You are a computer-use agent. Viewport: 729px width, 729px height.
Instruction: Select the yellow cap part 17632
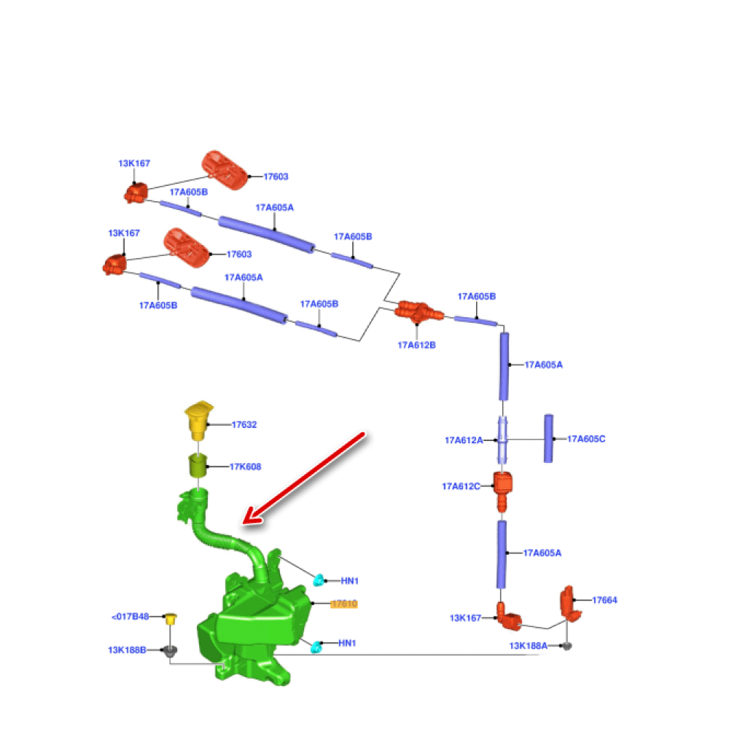coord(198,419)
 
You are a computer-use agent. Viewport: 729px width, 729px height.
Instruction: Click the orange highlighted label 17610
coord(343,604)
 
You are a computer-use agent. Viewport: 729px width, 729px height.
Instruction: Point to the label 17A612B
coord(416,345)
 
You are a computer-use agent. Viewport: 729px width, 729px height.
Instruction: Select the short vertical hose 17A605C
coord(548,437)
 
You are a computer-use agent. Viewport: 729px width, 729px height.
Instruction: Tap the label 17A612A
coord(464,440)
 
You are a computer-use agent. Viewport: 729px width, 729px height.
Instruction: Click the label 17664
coord(604,600)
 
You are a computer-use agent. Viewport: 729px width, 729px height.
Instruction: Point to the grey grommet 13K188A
coord(569,646)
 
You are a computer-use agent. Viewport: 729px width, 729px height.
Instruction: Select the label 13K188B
coord(127,650)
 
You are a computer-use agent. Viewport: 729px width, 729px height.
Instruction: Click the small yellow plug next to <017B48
coord(171,619)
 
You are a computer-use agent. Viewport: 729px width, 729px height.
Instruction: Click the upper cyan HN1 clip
coord(319,580)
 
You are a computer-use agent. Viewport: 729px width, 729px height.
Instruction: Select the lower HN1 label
coord(348,644)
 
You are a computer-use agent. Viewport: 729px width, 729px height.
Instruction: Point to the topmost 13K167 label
coord(134,164)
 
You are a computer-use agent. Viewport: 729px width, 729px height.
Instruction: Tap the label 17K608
coord(246,467)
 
